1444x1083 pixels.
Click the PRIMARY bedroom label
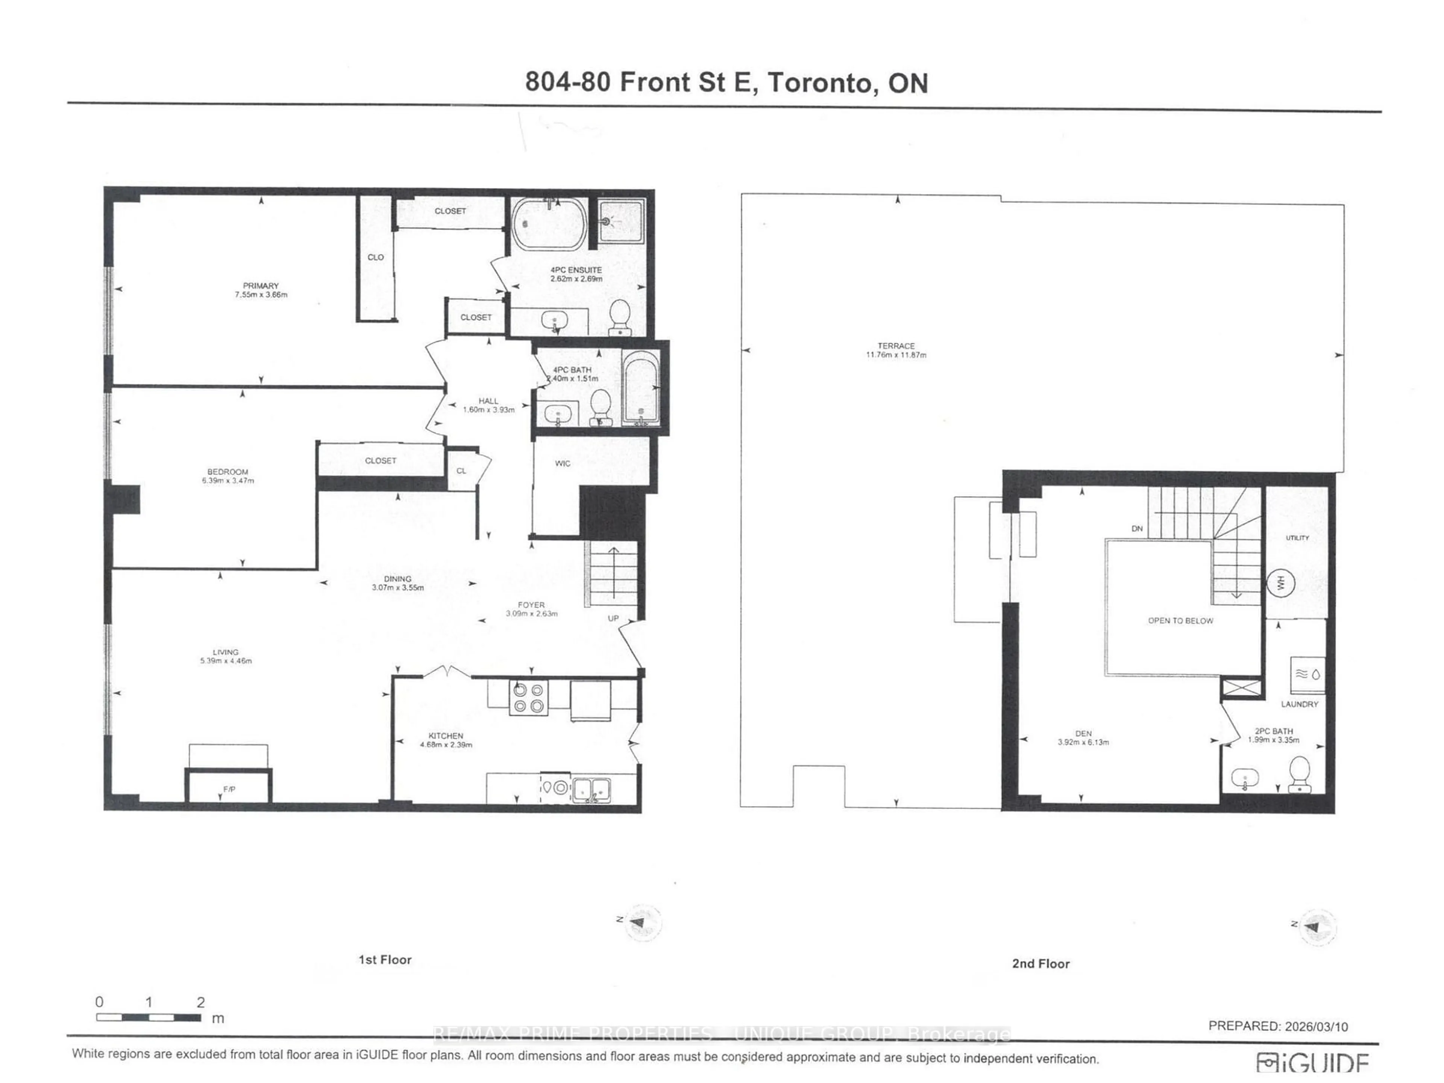(x=261, y=286)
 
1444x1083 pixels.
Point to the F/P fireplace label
(x=229, y=789)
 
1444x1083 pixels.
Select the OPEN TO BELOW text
(x=1180, y=621)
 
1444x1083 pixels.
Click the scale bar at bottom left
(x=149, y=1017)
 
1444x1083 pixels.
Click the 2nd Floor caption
(x=1041, y=963)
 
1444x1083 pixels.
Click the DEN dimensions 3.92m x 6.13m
(x=1083, y=742)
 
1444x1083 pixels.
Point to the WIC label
(x=562, y=464)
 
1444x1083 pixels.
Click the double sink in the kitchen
(x=592, y=789)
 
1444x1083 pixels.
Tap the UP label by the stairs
(x=613, y=618)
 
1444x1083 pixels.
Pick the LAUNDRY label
(x=1299, y=704)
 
